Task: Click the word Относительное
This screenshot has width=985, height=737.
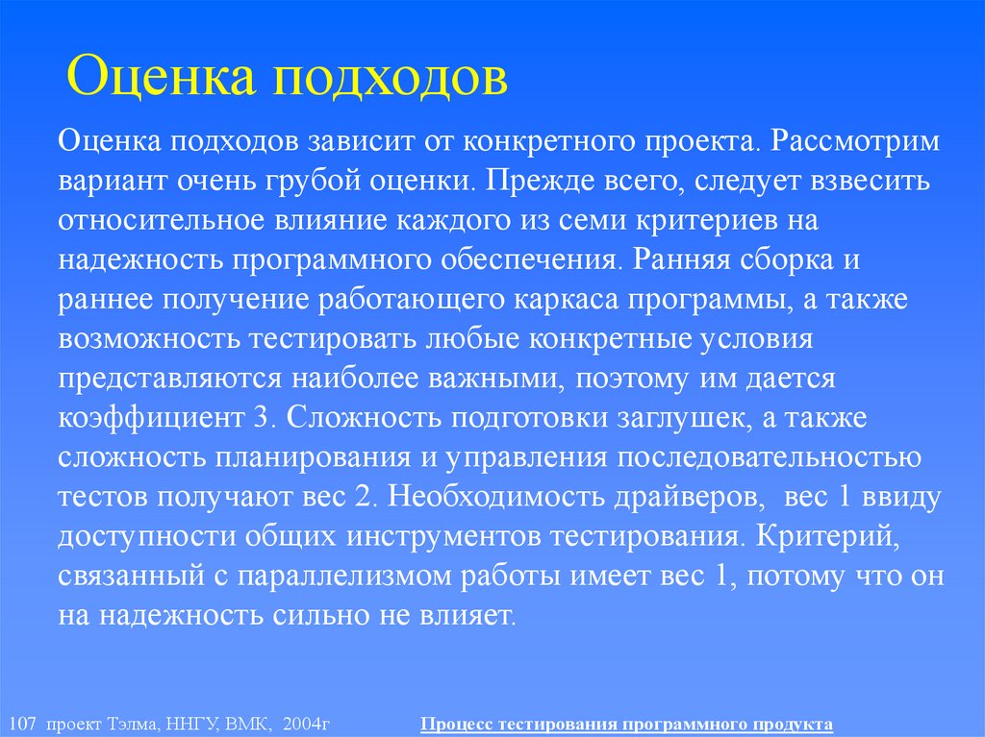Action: (x=154, y=220)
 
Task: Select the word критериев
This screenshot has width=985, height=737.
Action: (x=706, y=220)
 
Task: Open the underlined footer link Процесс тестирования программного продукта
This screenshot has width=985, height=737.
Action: (x=626, y=724)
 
